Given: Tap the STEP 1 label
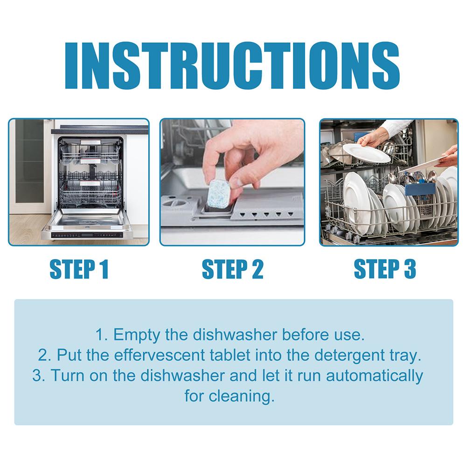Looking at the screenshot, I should point(79,269).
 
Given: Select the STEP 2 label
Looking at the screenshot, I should point(232,269).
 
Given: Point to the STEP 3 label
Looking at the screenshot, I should point(385,269).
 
